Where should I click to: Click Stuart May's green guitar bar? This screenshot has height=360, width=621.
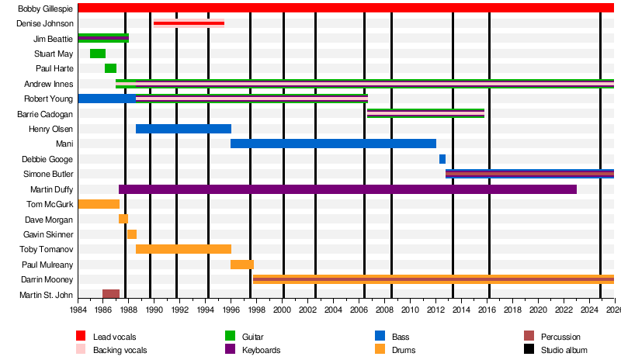98,54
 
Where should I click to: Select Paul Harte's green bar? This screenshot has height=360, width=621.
110,68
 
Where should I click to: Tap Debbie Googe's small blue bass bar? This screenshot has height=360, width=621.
442,159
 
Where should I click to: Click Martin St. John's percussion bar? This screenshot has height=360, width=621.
111,294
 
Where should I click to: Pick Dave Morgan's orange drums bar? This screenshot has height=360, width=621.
123,219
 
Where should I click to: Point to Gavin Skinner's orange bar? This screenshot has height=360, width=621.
132,234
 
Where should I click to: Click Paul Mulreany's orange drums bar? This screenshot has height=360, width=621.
242,265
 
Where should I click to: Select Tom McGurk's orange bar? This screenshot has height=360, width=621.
99,204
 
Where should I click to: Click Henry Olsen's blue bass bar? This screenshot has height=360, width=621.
183,129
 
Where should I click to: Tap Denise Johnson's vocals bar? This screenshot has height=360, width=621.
189,23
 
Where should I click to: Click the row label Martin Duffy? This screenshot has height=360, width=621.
51,189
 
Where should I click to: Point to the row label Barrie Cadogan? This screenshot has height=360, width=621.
44,114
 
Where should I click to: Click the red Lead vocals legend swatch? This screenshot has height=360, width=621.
80,336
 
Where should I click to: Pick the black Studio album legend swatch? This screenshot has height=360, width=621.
529,350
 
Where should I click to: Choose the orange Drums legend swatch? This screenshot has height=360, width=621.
380,350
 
